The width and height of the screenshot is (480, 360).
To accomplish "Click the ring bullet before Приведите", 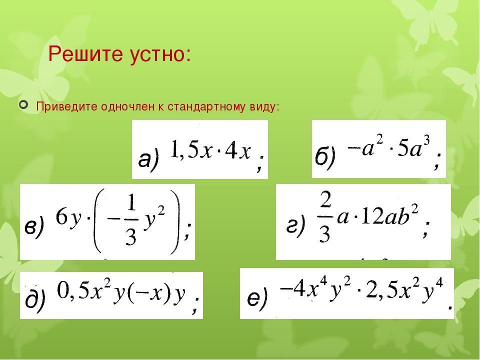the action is [23, 105].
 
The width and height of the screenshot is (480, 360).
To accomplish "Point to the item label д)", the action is [35, 300].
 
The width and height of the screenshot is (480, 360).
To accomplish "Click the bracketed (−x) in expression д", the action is [148, 294].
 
